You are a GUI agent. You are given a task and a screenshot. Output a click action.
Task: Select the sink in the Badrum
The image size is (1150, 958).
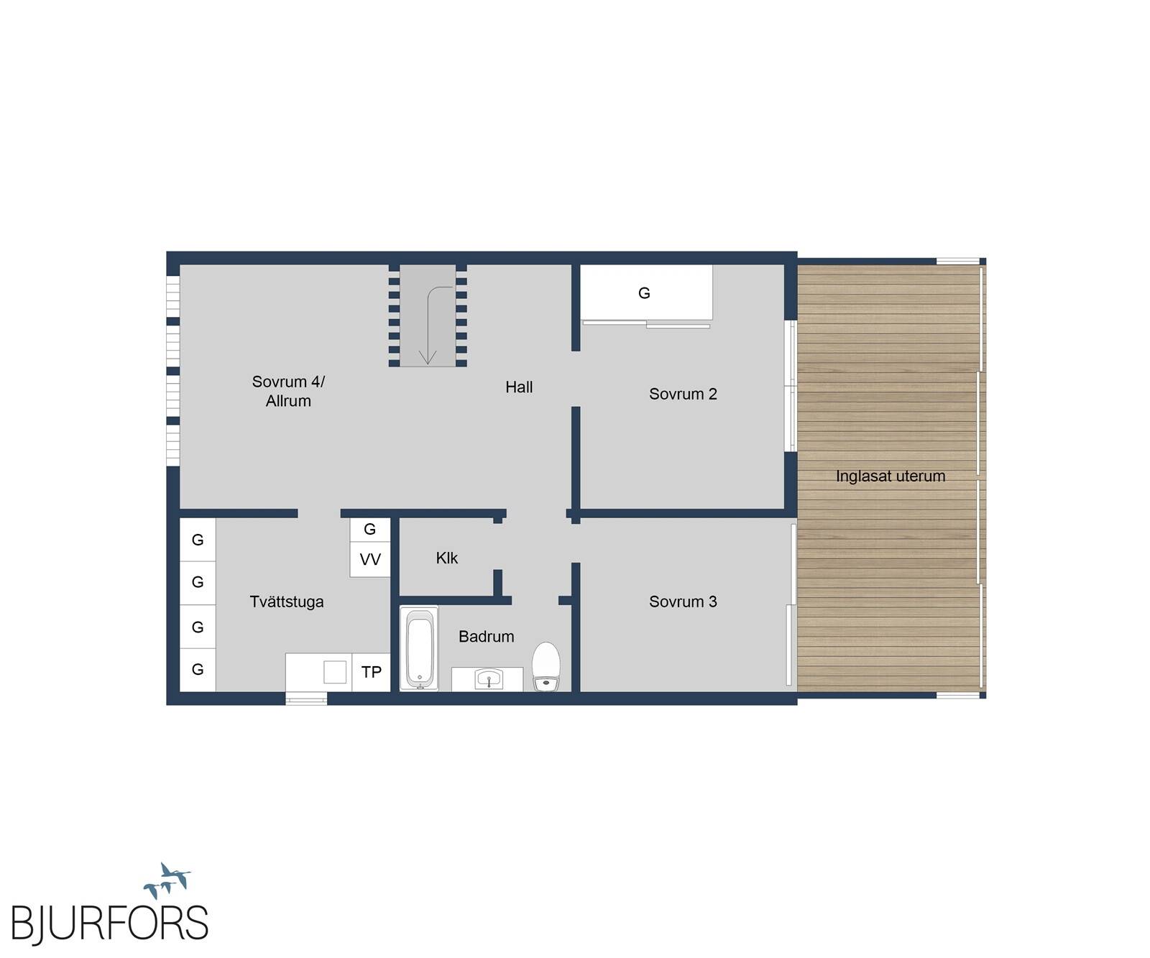[489, 678]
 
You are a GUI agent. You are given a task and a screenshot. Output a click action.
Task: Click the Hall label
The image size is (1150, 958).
[519, 387]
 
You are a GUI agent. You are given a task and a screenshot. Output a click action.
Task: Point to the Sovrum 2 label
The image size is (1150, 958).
[683, 394]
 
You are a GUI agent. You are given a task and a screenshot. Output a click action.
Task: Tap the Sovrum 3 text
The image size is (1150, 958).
[683, 602]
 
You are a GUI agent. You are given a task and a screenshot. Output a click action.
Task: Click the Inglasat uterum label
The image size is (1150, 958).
[891, 476]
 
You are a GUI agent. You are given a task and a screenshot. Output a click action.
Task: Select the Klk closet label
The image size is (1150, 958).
[446, 558]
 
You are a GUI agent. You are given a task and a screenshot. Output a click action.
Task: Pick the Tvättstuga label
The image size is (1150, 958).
[287, 602]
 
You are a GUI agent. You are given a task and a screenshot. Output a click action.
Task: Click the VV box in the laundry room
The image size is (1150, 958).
[370, 560]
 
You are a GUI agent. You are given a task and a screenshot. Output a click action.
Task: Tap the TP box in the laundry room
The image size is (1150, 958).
[371, 672]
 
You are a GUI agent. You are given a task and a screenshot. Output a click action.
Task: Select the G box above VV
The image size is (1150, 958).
[370, 530]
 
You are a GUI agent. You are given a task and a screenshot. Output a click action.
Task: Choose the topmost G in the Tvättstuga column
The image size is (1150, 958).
[198, 540]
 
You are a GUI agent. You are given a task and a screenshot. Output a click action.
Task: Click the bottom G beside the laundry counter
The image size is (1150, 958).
[198, 670]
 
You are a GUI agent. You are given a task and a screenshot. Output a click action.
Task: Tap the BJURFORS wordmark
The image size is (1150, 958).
[109, 924]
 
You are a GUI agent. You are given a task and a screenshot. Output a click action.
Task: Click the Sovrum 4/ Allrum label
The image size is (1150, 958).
[288, 392]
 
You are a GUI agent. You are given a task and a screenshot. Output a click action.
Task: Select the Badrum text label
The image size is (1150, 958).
[487, 637]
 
